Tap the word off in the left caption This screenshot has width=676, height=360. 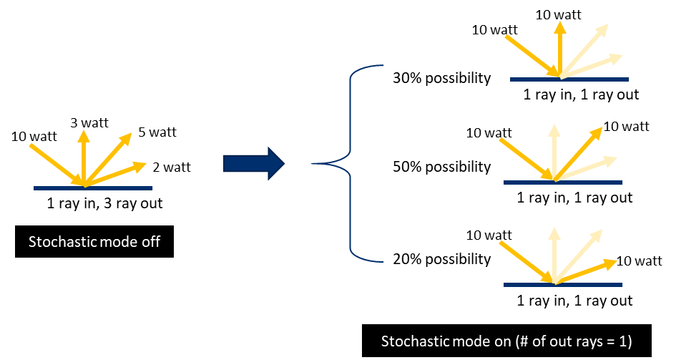click(x=150, y=242)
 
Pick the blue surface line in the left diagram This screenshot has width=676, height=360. click(x=93, y=188)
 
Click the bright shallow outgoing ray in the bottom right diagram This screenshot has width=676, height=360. click(x=587, y=270)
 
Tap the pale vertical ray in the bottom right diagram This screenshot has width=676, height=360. click(x=553, y=254)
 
